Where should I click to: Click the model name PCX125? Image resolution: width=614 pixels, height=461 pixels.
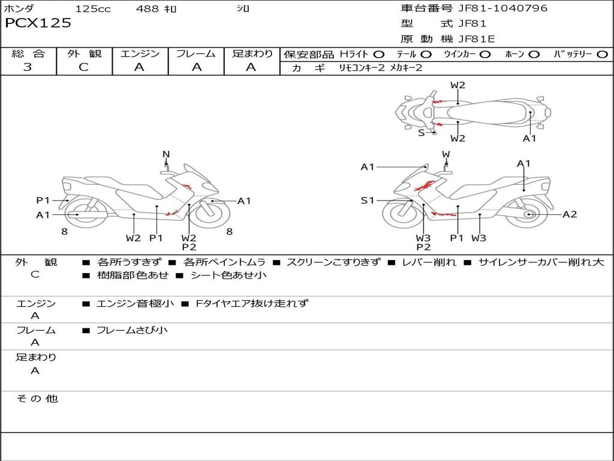tap(38, 23)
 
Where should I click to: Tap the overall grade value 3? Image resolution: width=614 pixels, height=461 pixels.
tap(28, 67)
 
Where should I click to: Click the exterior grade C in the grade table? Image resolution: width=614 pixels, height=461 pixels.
tap(84, 67)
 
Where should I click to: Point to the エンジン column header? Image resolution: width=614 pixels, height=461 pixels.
tap(140, 53)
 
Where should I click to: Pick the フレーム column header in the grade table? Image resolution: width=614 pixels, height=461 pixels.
tap(196, 53)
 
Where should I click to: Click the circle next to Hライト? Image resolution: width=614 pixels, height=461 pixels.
tap(379, 54)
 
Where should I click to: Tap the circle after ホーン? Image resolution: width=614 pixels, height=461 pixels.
tap(534, 54)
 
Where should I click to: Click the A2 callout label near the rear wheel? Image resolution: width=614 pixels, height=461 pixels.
tap(569, 214)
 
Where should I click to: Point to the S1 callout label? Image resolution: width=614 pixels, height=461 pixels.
tap(368, 200)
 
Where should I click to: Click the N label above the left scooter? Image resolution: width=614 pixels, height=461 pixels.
tap(166, 154)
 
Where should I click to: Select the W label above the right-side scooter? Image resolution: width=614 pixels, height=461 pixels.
tap(446, 154)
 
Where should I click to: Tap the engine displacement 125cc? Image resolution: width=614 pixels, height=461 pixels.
tap(93, 9)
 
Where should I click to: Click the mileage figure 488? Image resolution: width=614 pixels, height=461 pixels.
tap(148, 9)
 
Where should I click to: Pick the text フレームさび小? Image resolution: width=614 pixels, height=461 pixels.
tap(132, 330)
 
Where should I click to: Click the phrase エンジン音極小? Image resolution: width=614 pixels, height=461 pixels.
tap(135, 304)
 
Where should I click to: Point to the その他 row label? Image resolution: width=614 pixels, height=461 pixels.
tap(37, 399)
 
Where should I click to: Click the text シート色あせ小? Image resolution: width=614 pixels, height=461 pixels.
tap(228, 276)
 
